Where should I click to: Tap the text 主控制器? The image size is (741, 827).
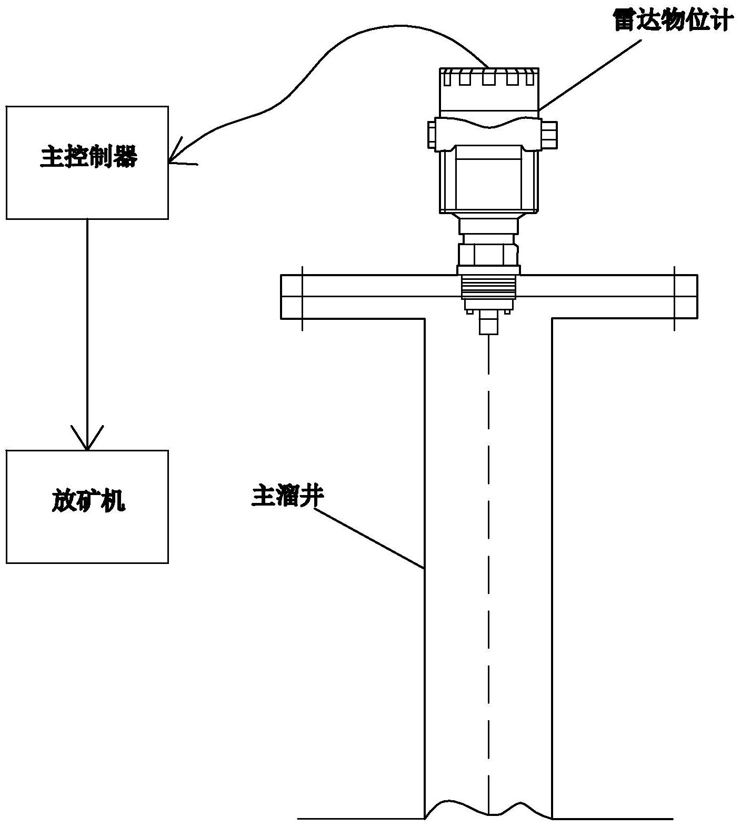pos(88,157)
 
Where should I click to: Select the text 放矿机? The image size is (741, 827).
pos(88,501)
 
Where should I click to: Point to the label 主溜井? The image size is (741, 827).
pos(287,496)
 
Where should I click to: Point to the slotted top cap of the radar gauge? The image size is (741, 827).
pos(489,77)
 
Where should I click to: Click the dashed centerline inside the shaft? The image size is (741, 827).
pos(489,526)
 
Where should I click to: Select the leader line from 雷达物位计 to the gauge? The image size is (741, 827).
pos(589,76)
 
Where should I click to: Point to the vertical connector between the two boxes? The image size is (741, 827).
pos(87,326)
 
